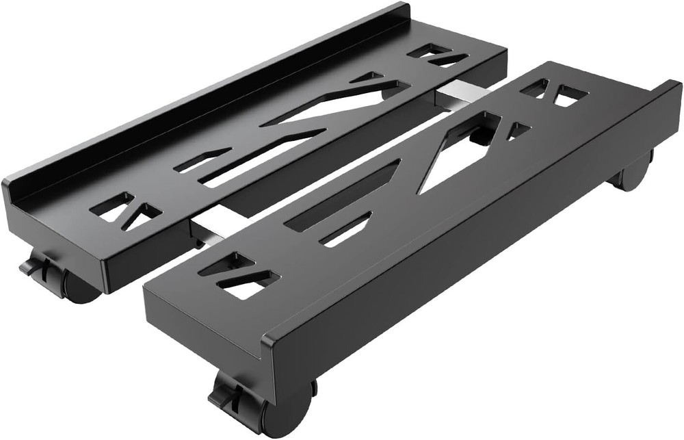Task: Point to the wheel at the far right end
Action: click(634, 174)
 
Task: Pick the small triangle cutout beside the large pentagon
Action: click(518, 130)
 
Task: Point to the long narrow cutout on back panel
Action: click(260, 157)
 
